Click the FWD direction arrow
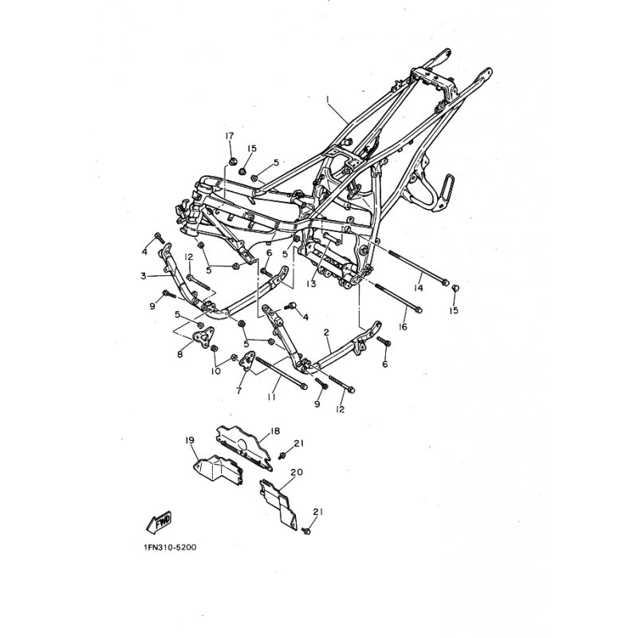pyautogui.click(x=159, y=522)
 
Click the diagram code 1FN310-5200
pyautogui.click(x=170, y=547)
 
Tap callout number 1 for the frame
pyautogui.click(x=327, y=99)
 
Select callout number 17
pyautogui.click(x=230, y=136)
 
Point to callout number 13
pyautogui.click(x=312, y=284)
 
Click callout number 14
pyautogui.click(x=418, y=288)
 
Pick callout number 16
pyautogui.click(x=403, y=327)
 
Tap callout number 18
pyautogui.click(x=275, y=431)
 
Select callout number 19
pyautogui.click(x=190, y=440)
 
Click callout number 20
pyautogui.click(x=297, y=472)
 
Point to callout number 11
pyautogui.click(x=271, y=396)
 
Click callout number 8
pyautogui.click(x=180, y=354)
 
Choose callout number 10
pyautogui.click(x=215, y=371)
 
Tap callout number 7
pyautogui.click(x=238, y=391)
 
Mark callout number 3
pyautogui.click(x=144, y=276)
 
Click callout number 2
pyautogui.click(x=326, y=333)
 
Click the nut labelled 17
pyautogui.click(x=233, y=162)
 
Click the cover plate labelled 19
pyautogui.click(x=218, y=471)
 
